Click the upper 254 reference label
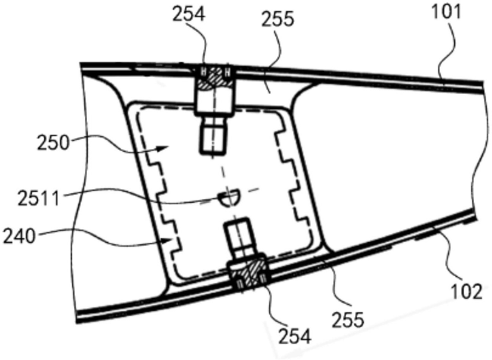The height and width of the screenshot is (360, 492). tap(189, 14)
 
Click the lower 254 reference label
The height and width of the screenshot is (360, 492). tap(295, 337)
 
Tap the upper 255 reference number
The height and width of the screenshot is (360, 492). tap(278, 19)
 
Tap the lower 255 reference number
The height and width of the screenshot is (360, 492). tap(348, 320)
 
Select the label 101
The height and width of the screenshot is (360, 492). tap(447, 12)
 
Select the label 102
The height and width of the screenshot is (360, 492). tap(466, 292)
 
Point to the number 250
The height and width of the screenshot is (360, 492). tap(53, 143)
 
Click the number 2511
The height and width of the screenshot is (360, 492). tap(39, 199)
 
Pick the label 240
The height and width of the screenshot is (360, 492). tap(19, 237)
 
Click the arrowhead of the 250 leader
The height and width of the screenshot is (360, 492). tap(163, 148)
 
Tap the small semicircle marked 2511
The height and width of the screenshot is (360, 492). tap(229, 198)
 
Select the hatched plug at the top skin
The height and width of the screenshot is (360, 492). tap(215, 79)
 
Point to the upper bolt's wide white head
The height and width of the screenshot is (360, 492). tap(214, 101)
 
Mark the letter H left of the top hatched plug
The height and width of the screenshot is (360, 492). tap(204, 72)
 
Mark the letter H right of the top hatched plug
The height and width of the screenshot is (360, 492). tap(228, 73)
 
